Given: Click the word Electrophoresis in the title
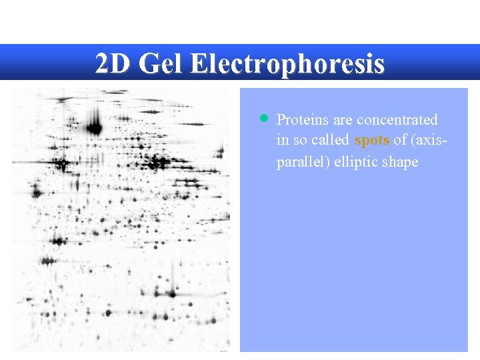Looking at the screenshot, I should click(x=287, y=64).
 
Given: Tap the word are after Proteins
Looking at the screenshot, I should click(x=342, y=120).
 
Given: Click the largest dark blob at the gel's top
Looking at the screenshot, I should click(x=94, y=127).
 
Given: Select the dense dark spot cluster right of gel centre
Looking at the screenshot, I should click(x=158, y=161).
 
